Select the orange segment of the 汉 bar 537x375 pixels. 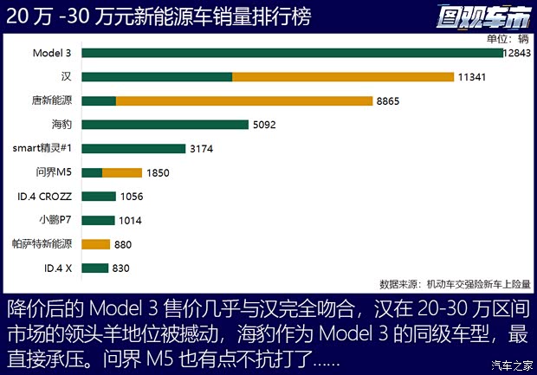point(343,77)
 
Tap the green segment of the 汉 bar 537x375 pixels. point(157,77)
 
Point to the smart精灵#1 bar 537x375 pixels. point(133,148)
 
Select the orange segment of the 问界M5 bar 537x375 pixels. point(122,172)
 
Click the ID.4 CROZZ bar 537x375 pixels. point(99,196)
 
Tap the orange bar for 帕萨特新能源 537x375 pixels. point(96,244)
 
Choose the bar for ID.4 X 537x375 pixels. point(95,268)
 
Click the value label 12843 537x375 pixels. point(517,54)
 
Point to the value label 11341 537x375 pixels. point(472,77)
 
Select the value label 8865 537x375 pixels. point(388,100)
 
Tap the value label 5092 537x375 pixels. point(264,125)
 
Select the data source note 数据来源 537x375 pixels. point(455,283)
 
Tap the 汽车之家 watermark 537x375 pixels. point(510,364)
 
